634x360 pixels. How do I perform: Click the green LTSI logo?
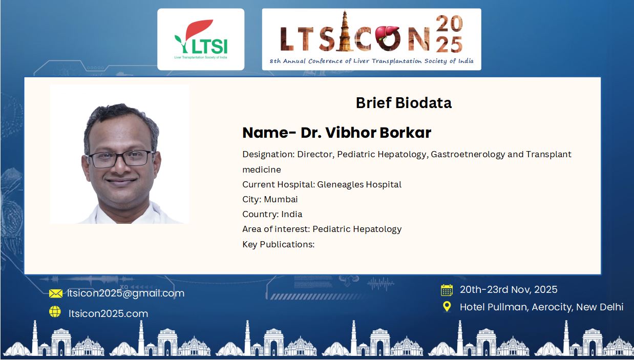point(201,39)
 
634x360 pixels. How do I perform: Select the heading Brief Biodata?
point(404,103)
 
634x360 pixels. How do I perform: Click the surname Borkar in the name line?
point(405,133)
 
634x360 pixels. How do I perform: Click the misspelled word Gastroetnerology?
point(468,155)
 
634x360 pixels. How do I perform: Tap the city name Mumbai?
point(281,200)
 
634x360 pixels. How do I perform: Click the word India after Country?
point(291,214)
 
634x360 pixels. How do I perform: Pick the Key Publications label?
point(279,244)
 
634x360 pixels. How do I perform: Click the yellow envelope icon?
point(56,293)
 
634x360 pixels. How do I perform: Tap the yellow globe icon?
point(55,311)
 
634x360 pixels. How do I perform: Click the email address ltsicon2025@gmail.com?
point(125,293)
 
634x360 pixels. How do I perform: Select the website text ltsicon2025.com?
point(108,313)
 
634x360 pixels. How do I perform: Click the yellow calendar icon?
point(447,290)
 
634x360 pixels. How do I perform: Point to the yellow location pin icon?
point(447,307)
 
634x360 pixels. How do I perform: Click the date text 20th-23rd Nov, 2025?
point(509,289)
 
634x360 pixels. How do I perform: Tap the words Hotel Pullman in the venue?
point(494,307)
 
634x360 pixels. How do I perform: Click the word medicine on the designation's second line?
point(262,170)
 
